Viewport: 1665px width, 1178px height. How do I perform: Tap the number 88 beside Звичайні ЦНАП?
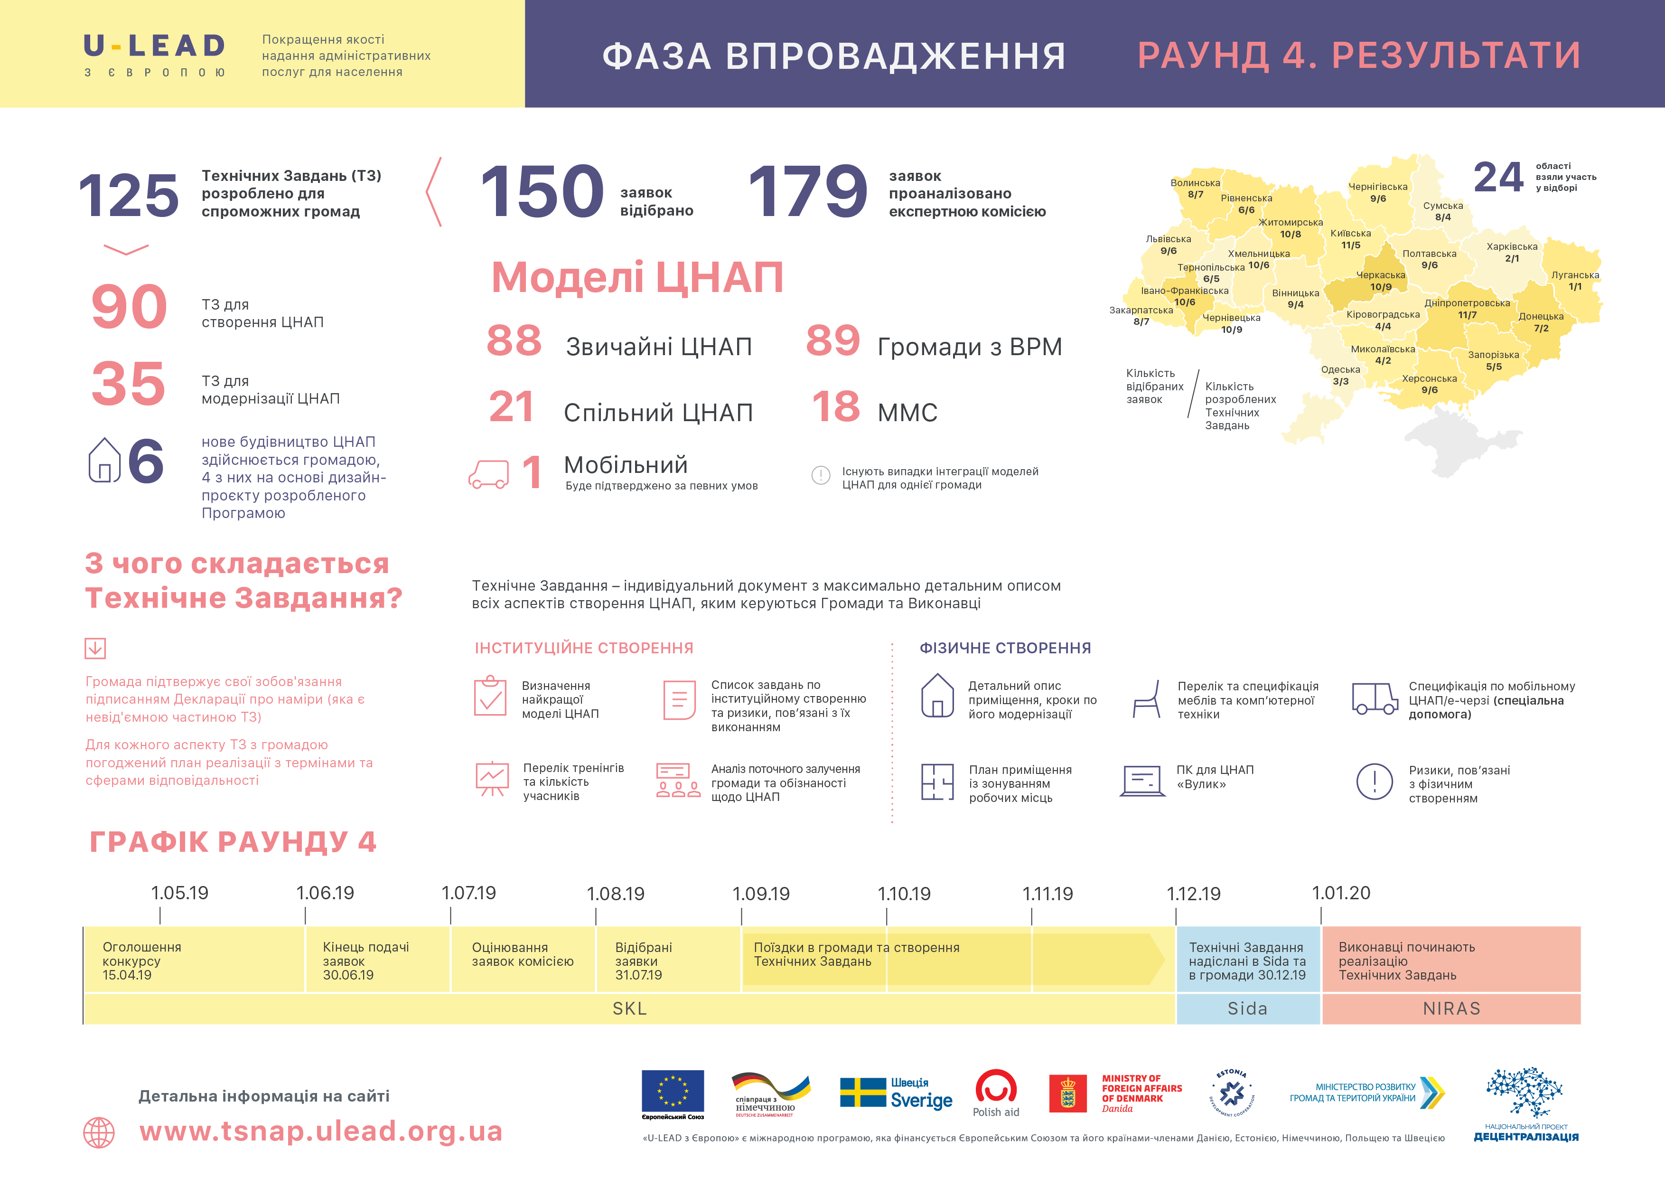pos(514,340)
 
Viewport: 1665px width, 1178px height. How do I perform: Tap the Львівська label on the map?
pos(1168,239)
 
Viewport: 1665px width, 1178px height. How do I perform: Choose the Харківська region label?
pos(1511,246)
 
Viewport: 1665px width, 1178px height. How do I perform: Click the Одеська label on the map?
pos(1340,370)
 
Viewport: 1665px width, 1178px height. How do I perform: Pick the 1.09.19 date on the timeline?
pos(761,894)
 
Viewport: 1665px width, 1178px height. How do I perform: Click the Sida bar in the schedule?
pos(1247,1008)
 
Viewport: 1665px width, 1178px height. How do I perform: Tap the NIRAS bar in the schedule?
pos(1451,1008)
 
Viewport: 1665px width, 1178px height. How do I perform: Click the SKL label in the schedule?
pos(629,1008)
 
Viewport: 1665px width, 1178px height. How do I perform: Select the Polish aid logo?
pos(996,1093)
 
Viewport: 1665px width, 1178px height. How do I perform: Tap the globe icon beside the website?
pos(99,1132)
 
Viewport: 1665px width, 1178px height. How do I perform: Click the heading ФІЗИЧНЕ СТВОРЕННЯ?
pos(1005,648)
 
